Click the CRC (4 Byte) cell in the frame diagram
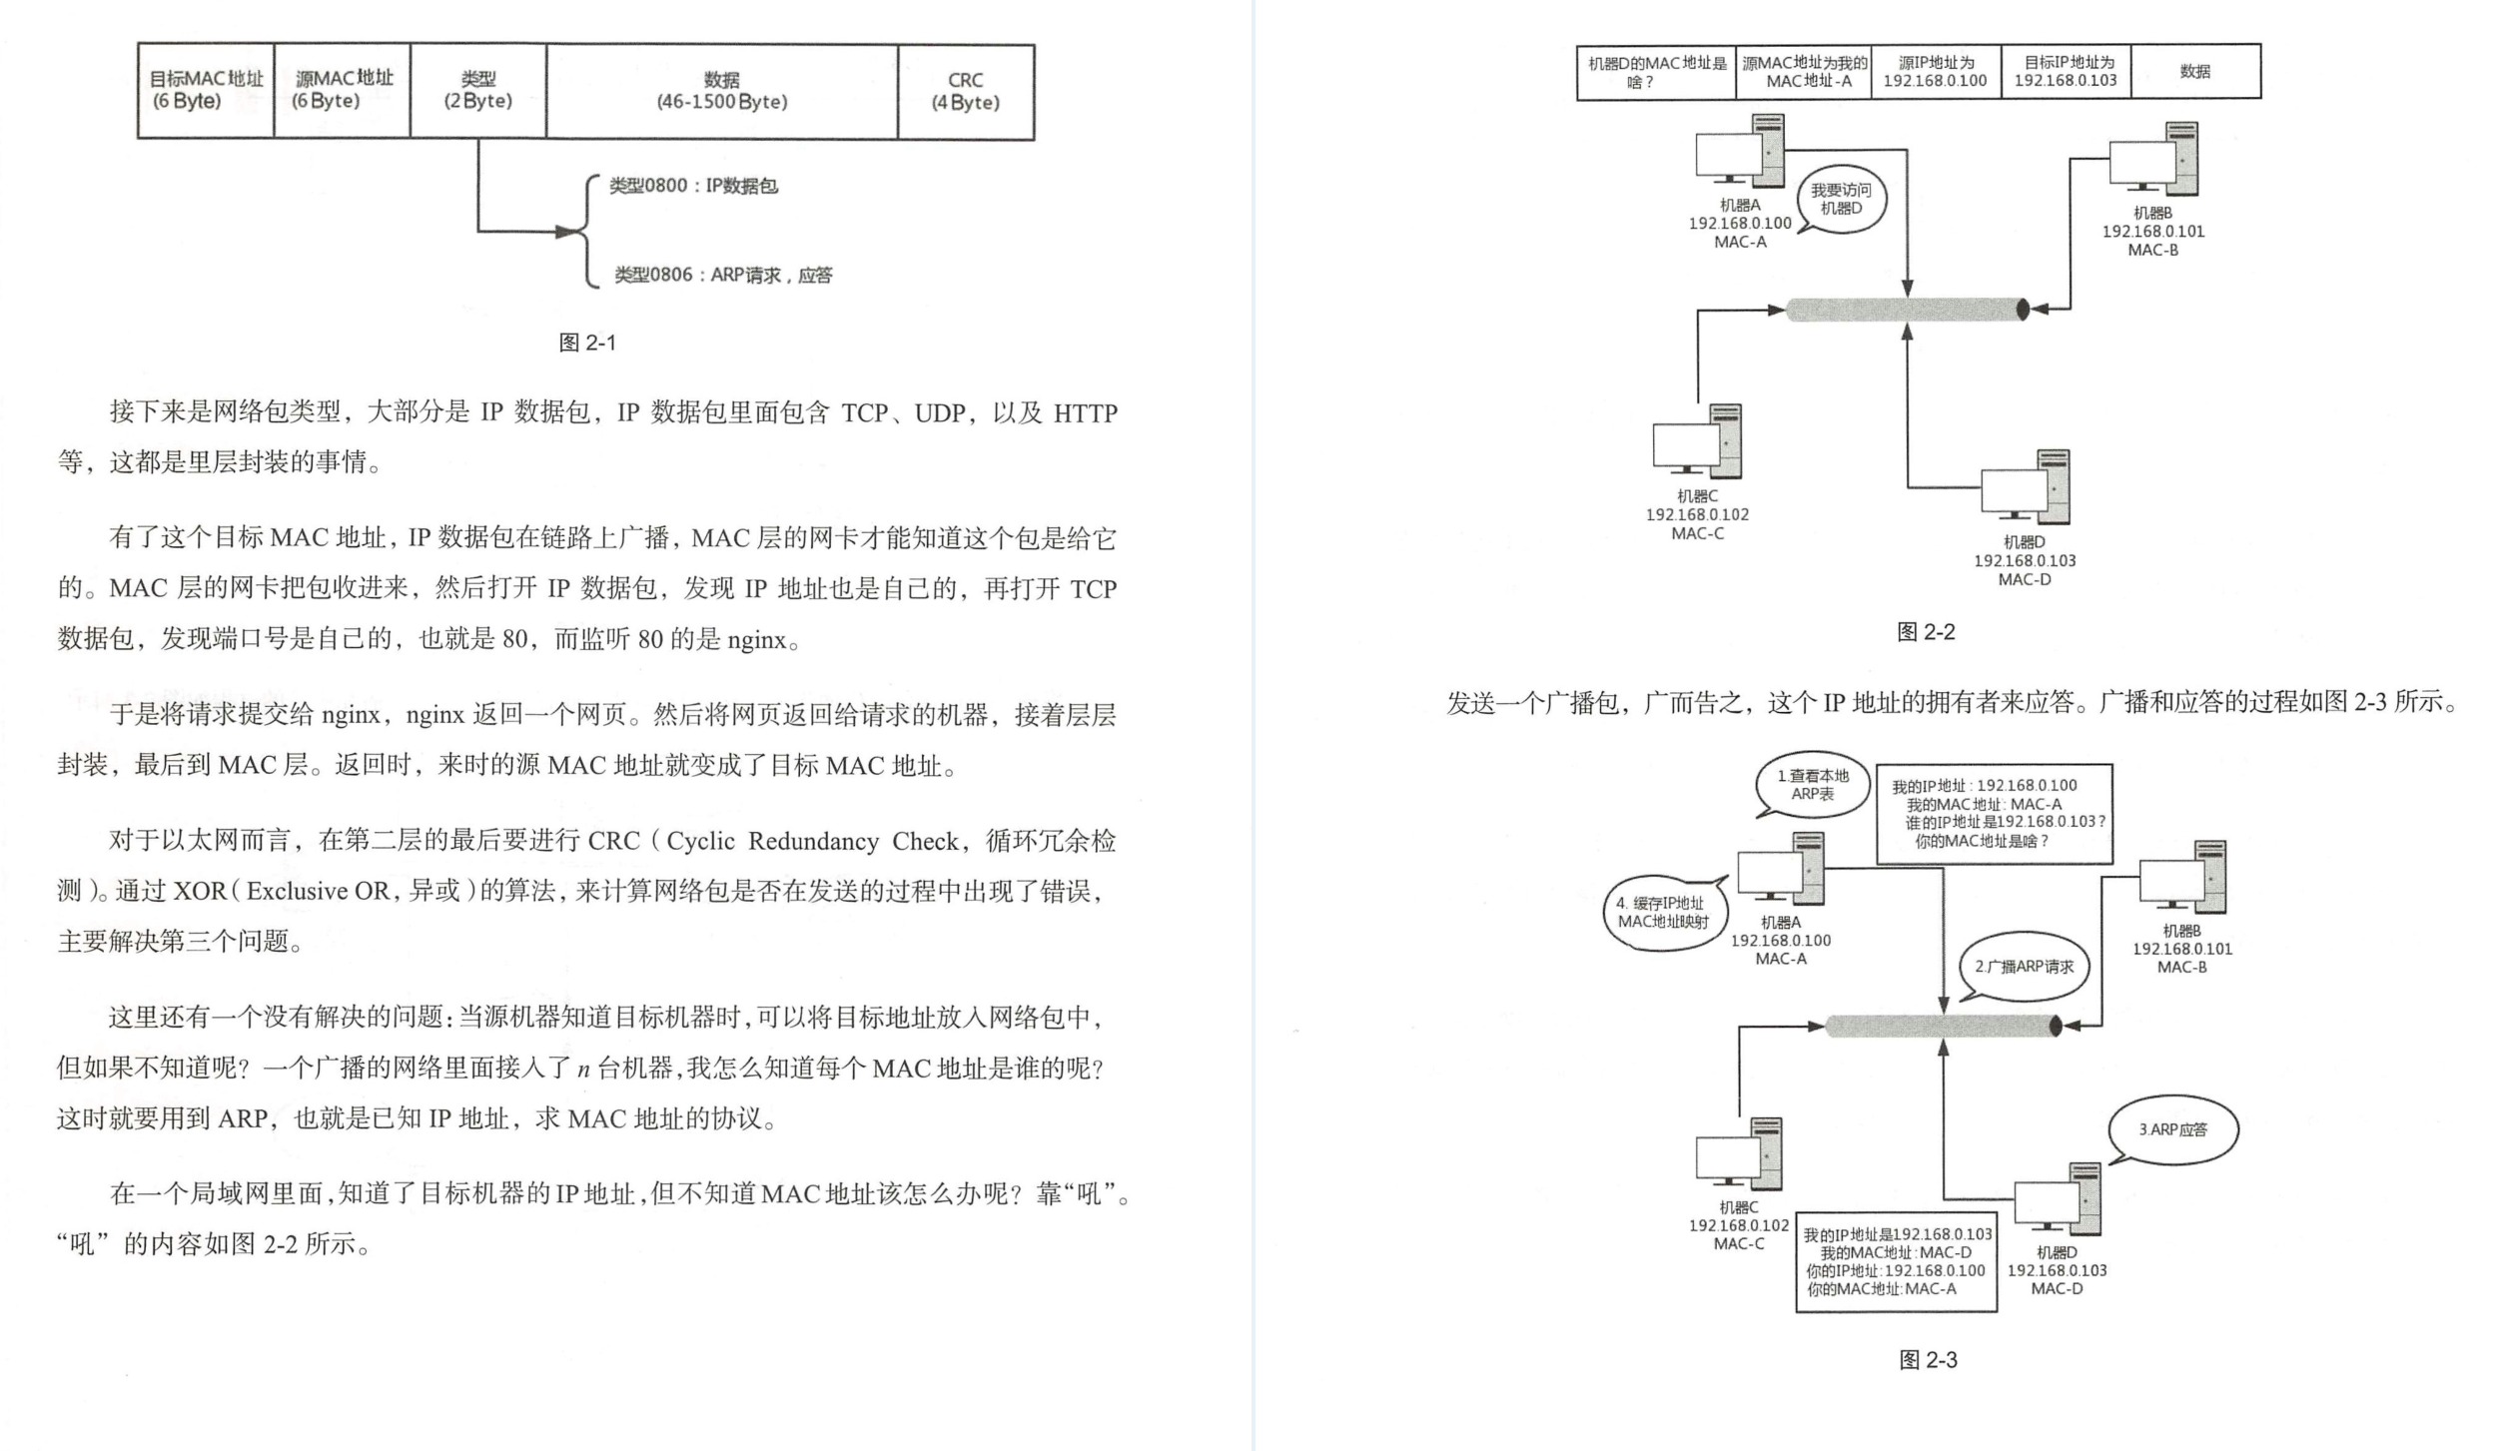pyautogui.click(x=965, y=91)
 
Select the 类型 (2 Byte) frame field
pyautogui.click(x=477, y=91)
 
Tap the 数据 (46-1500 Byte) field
pyautogui.click(x=721, y=91)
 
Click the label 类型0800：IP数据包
pyautogui.click(x=693, y=186)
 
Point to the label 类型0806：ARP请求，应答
pyautogui.click(x=722, y=276)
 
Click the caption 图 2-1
pyautogui.click(x=587, y=344)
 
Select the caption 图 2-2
pyautogui.click(x=1926, y=632)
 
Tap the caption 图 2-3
pyautogui.click(x=1928, y=1360)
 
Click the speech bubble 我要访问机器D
pyautogui.click(x=1841, y=200)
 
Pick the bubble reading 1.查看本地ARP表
pyautogui.click(x=1812, y=785)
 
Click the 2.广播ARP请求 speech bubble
pyautogui.click(x=2024, y=967)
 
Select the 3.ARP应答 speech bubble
pyautogui.click(x=2172, y=1129)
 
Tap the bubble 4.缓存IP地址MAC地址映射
pyautogui.click(x=1663, y=913)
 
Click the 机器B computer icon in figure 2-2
pyautogui.click(x=2153, y=160)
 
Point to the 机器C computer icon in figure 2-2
pyautogui.click(x=1697, y=442)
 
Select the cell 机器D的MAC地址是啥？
pyautogui.click(x=1656, y=72)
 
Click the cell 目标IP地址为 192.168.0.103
pyautogui.click(x=2066, y=72)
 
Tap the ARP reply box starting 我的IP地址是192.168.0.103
pyautogui.click(x=1896, y=1262)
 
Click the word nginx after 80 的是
pyautogui.click(x=756, y=640)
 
